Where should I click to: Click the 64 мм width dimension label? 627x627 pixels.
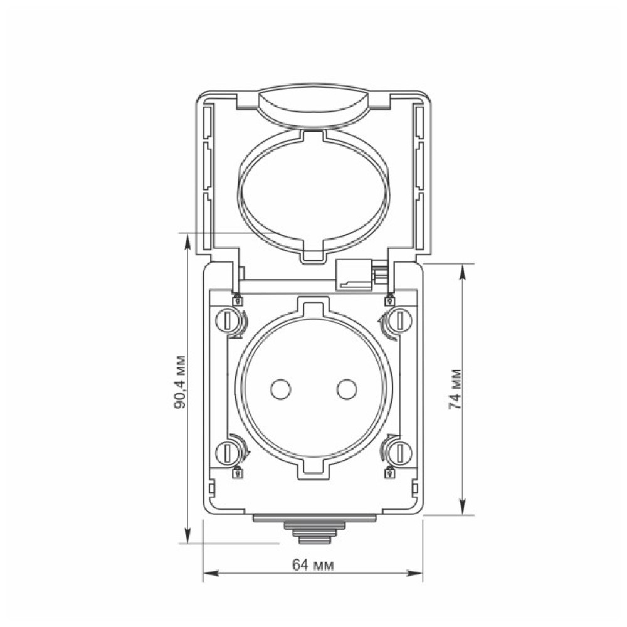[x=313, y=566]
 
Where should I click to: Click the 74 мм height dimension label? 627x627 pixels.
[x=455, y=389]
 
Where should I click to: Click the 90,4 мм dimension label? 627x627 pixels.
[x=180, y=382]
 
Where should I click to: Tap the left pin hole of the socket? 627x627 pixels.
[x=280, y=389]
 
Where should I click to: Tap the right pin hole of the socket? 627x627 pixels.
[x=347, y=389]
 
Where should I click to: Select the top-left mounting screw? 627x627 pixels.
[x=227, y=320]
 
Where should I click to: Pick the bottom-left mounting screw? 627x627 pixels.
[x=227, y=453]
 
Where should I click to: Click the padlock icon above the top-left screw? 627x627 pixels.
[x=238, y=300]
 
